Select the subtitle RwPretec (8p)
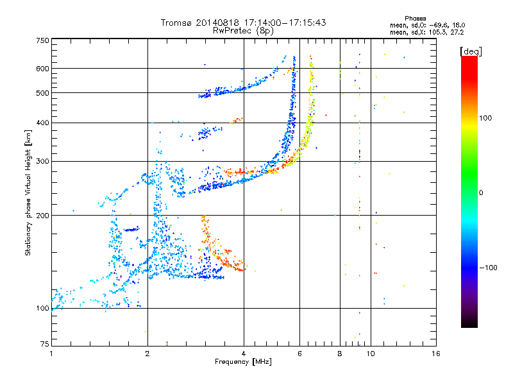click(x=244, y=30)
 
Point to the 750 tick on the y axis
click(x=42, y=40)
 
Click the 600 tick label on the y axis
click(x=42, y=69)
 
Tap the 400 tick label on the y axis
click(x=42, y=123)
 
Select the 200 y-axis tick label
click(x=42, y=215)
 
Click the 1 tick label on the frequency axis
click(x=51, y=353)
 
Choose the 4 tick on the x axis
click(x=244, y=353)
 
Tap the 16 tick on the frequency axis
click(x=435, y=353)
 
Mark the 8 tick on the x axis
click(x=340, y=353)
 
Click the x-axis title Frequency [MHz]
click(x=244, y=362)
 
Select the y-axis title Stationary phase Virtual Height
click(x=28, y=193)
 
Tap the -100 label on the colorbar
click(x=488, y=268)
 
